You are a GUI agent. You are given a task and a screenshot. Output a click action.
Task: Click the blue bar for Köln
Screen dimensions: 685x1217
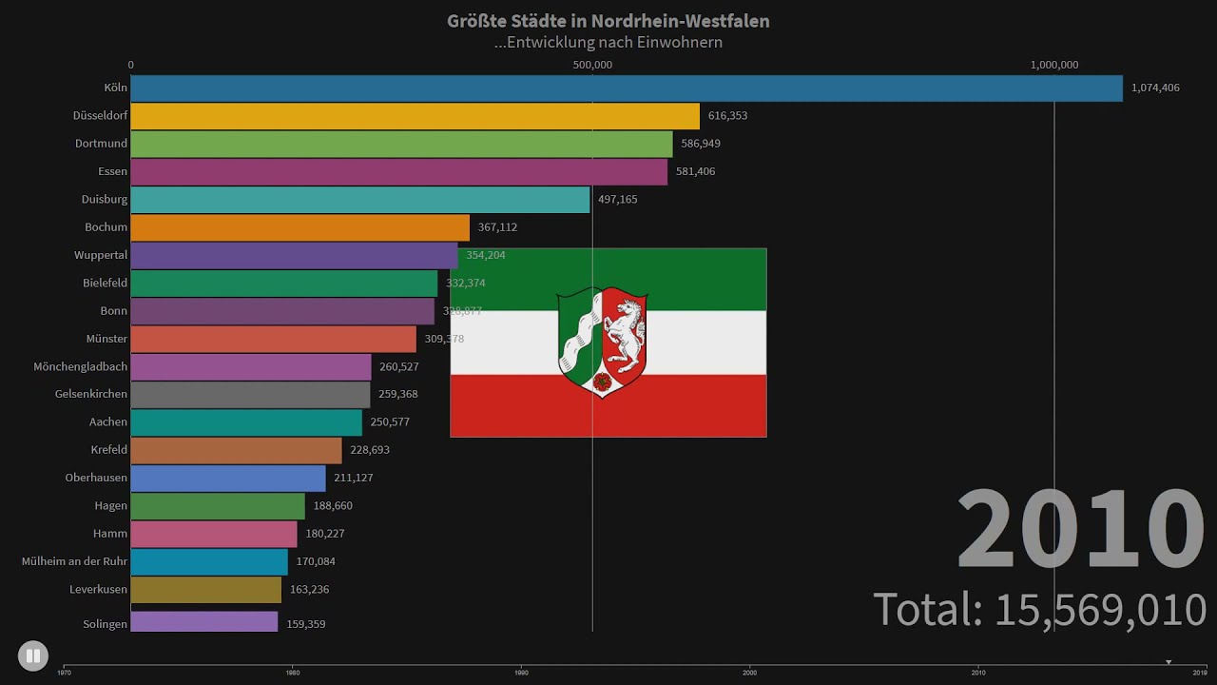coord(626,88)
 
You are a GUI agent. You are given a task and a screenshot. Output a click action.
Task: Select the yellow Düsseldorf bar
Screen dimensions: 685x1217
coord(415,116)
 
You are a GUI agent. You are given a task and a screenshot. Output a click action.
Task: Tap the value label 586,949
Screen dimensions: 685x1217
coord(701,144)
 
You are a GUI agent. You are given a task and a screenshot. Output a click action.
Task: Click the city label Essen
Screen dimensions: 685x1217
coord(112,171)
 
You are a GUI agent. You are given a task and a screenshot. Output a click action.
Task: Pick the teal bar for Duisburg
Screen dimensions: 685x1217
coord(359,200)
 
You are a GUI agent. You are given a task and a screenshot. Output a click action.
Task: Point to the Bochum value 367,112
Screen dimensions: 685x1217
coord(498,227)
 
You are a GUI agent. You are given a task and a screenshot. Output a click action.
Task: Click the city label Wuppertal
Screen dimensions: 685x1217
coord(101,255)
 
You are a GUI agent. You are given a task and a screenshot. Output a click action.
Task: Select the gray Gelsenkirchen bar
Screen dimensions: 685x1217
coord(250,394)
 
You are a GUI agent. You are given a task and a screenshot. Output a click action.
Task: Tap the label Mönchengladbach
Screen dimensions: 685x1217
coord(80,366)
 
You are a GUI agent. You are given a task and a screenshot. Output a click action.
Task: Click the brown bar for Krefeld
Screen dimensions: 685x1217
coord(236,450)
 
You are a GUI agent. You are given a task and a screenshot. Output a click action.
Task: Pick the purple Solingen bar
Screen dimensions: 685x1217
coord(203,622)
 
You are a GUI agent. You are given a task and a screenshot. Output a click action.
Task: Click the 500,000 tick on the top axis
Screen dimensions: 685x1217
coord(592,65)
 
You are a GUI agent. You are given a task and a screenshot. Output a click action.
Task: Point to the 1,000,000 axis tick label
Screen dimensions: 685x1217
coord(1054,65)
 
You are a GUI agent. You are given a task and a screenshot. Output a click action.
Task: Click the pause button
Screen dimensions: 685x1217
coord(32,656)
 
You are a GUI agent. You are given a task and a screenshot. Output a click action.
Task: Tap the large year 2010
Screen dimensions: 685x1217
coord(1080,529)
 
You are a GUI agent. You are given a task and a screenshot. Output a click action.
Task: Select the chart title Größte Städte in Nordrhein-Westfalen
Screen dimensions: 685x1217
coord(608,21)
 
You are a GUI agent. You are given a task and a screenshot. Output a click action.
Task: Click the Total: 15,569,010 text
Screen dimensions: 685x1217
coord(1040,609)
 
